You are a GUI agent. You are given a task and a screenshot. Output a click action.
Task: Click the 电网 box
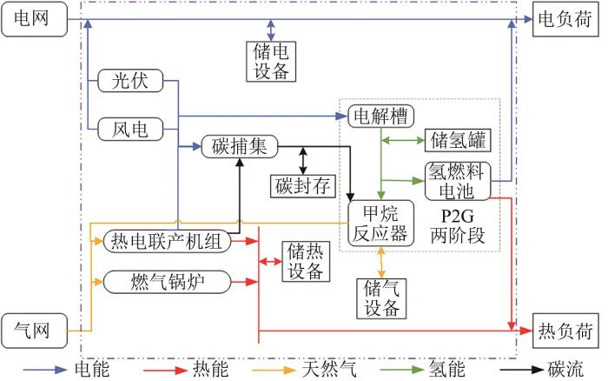point(35,19)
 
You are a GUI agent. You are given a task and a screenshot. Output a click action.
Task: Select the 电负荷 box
point(565,19)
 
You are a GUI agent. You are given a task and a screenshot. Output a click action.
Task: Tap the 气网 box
point(35,331)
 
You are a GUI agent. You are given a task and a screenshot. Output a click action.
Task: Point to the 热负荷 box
point(565,331)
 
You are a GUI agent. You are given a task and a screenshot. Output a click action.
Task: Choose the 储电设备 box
point(271,62)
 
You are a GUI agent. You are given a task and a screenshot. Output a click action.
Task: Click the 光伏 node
point(130,81)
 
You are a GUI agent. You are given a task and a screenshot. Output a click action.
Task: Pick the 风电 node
point(130,129)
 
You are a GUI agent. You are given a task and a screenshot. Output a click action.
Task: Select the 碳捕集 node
point(240,146)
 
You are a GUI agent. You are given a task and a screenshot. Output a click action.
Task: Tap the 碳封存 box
point(303,186)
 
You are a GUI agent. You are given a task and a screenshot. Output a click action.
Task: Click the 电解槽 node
point(380,116)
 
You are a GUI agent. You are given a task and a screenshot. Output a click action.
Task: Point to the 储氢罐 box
point(458,140)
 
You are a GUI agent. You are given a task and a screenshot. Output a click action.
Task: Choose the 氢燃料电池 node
point(458,182)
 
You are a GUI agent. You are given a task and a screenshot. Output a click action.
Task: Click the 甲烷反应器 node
point(380,224)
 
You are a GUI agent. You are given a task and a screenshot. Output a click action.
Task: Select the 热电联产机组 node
point(167,241)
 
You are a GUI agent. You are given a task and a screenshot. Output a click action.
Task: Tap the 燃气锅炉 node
point(167,282)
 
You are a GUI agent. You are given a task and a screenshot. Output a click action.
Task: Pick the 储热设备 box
point(306,261)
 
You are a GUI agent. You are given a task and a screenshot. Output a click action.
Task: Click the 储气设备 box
point(381,298)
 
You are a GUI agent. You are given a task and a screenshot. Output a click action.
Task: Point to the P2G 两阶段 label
point(458,226)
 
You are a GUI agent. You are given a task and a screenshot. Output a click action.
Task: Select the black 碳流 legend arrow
point(521,370)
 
